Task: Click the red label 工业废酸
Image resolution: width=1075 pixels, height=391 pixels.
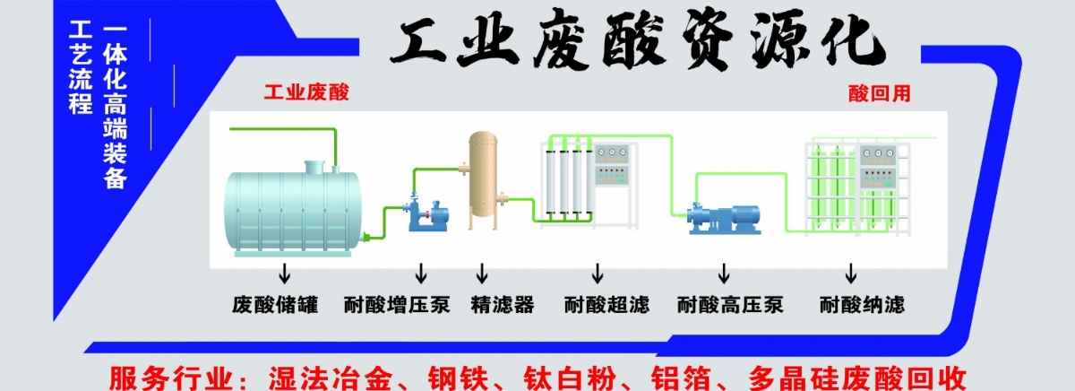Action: pyautogui.click(x=306, y=92)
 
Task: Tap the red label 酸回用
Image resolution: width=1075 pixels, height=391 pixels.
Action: pyautogui.click(x=879, y=92)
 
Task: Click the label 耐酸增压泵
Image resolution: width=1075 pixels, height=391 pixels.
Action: pyautogui.click(x=397, y=305)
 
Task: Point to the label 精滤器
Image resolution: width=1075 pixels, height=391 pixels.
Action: pyautogui.click(x=502, y=305)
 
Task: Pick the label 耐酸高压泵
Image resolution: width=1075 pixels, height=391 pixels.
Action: pyautogui.click(x=730, y=305)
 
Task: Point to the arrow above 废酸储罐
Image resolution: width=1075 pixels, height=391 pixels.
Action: pyautogui.click(x=285, y=273)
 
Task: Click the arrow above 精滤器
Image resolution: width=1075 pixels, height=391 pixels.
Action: pyautogui.click(x=482, y=273)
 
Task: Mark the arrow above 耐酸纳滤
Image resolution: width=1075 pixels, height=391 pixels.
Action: pyautogui.click(x=850, y=273)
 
